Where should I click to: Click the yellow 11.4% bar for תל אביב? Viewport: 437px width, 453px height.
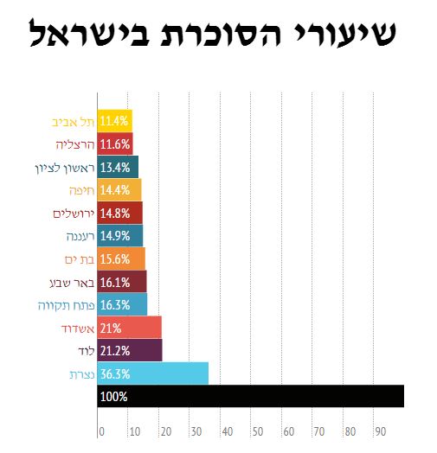click(x=115, y=121)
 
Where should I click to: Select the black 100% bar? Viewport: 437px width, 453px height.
click(x=251, y=396)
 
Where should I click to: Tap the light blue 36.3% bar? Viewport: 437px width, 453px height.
click(x=153, y=373)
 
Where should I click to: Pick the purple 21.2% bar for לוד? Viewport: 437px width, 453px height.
click(x=130, y=350)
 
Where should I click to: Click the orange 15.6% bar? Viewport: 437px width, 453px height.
click(x=121, y=258)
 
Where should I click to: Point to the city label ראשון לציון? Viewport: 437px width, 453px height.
click(x=65, y=168)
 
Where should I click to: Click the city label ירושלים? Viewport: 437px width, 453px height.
click(x=74, y=214)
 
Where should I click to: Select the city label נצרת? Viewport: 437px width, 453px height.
click(x=82, y=374)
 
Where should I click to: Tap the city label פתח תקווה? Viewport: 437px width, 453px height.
click(x=67, y=305)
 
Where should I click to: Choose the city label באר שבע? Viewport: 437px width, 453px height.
click(x=73, y=283)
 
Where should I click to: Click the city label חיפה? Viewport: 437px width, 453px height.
click(x=82, y=191)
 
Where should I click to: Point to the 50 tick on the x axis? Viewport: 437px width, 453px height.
click(x=258, y=431)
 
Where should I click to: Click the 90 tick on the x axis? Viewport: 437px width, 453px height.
click(x=381, y=431)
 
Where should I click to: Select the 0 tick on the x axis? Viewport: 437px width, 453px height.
click(x=101, y=431)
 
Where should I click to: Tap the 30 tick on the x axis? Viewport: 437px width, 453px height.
click(x=196, y=431)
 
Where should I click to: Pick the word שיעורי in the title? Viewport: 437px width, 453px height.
click(x=344, y=32)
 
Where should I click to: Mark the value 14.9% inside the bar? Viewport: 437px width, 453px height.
click(x=115, y=236)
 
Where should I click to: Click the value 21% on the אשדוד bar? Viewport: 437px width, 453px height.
click(x=111, y=329)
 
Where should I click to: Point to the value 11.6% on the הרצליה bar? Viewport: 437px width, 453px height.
click(x=115, y=144)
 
